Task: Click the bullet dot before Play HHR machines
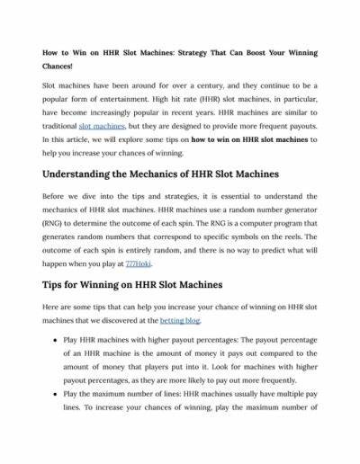[x=58, y=367]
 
